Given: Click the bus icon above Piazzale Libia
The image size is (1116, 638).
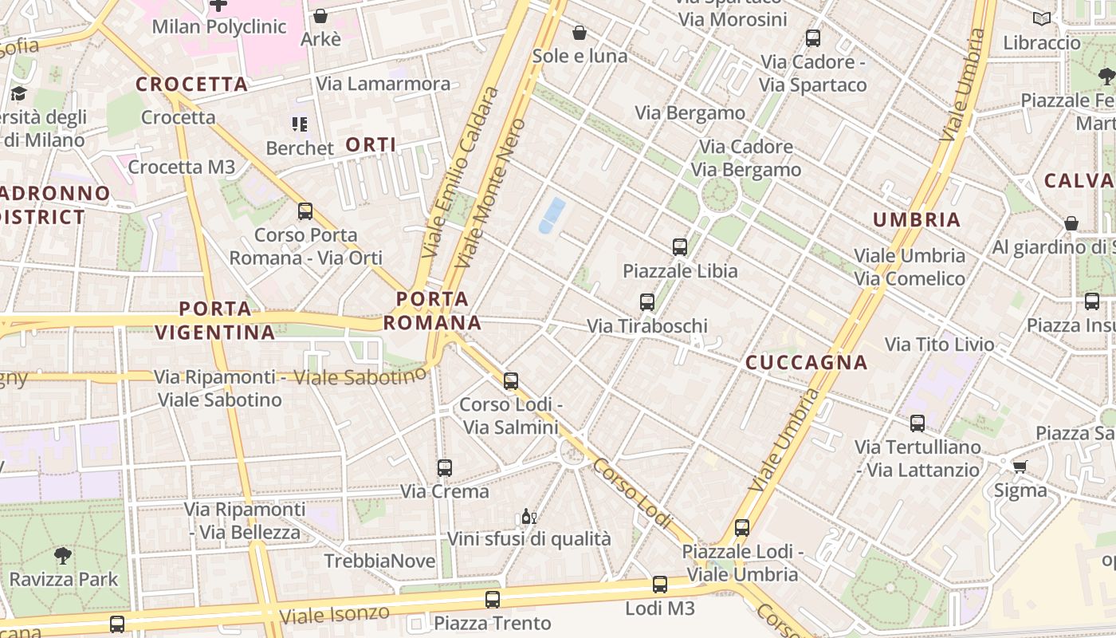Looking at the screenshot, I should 680,247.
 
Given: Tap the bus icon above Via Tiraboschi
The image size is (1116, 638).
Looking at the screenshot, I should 647,302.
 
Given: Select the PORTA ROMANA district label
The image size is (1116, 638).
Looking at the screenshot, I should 432,311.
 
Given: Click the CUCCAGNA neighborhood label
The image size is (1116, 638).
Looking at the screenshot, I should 806,363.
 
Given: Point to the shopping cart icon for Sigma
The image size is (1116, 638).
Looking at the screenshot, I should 1020,467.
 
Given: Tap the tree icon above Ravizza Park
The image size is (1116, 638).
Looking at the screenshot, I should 63,556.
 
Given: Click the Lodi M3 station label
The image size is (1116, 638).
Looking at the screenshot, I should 659,608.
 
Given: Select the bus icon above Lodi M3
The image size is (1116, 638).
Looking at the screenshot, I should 660,585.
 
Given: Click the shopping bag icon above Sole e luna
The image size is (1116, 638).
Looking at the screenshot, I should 580,33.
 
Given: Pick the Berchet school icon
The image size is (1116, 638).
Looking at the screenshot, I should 300,124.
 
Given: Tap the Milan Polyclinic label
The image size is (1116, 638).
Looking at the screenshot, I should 218,26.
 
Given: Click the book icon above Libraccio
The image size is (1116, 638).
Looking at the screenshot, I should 1041,18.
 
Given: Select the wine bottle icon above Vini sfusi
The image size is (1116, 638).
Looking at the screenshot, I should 526,517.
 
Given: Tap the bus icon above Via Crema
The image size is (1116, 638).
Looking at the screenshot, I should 445,468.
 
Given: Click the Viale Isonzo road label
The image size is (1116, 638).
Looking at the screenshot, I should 335,615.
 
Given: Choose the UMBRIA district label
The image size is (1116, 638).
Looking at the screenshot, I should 917,220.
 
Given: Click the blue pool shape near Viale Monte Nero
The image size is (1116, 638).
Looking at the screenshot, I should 552,215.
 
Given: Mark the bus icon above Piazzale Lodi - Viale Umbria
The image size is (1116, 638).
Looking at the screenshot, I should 742,528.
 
